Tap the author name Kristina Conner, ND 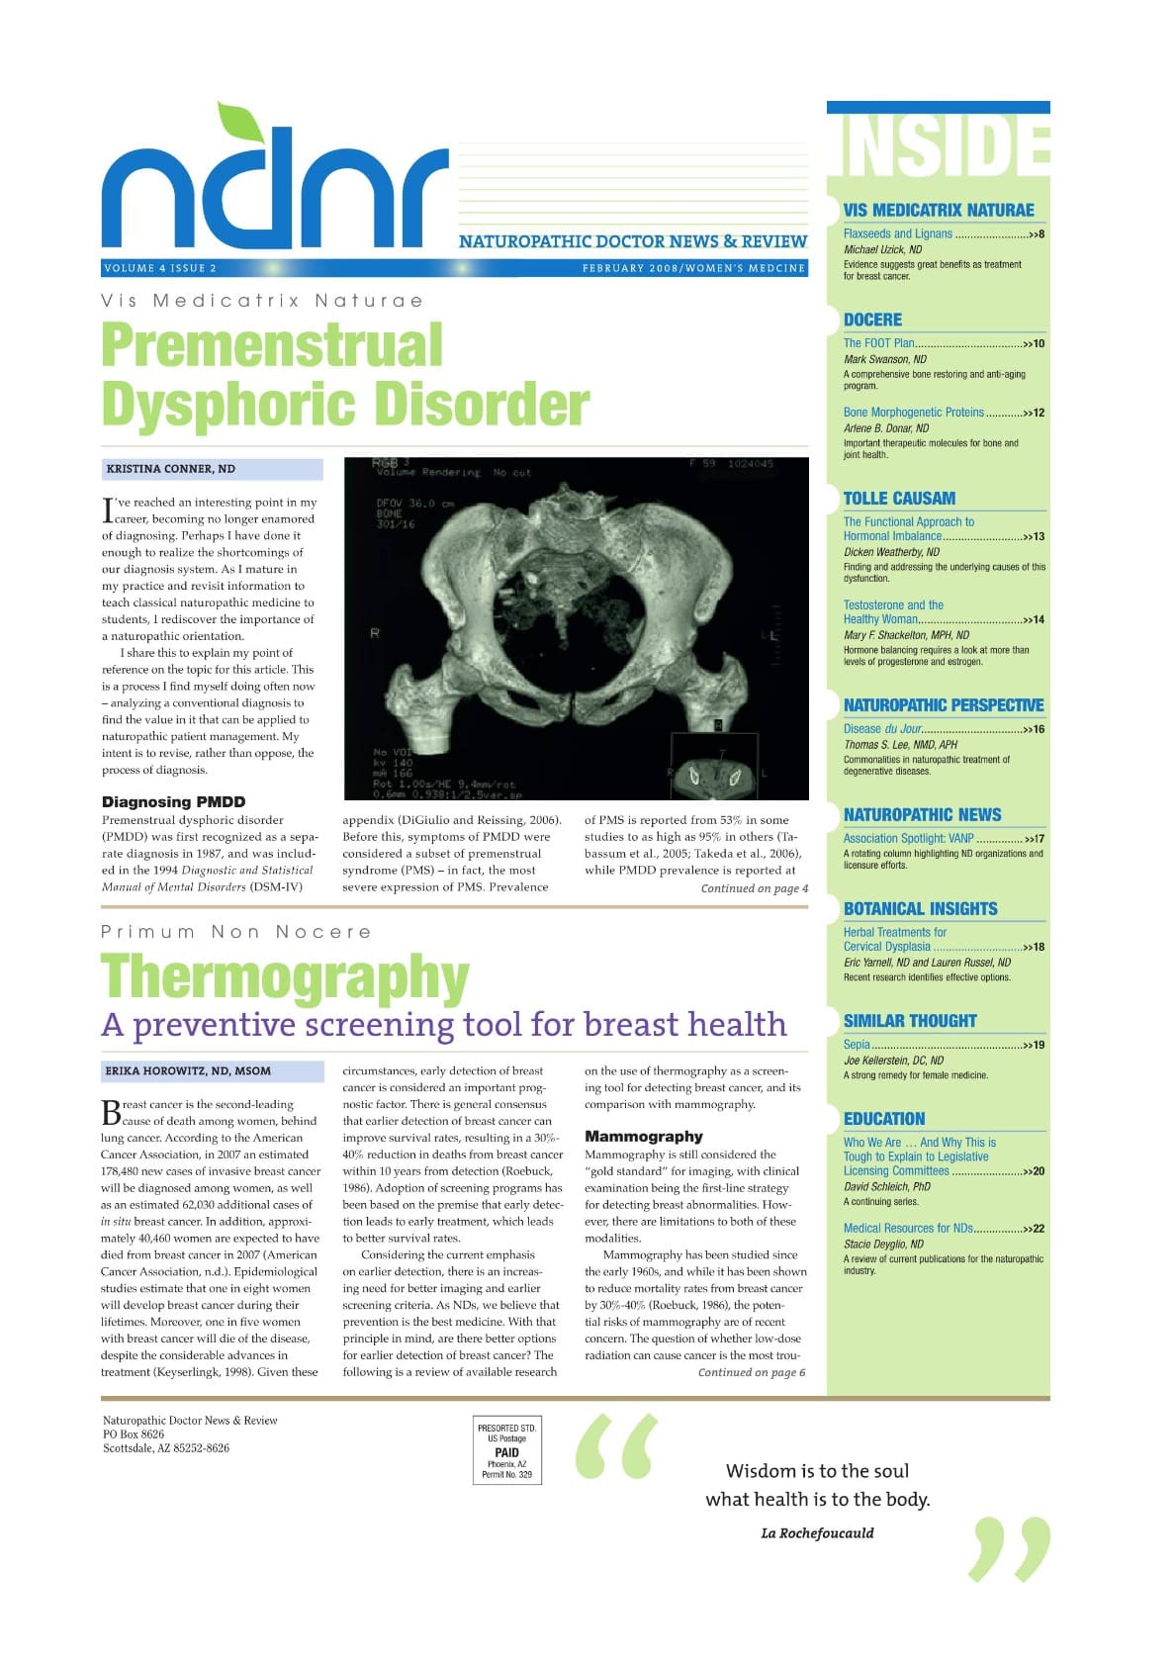pyautogui.click(x=171, y=469)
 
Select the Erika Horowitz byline pyautogui.click(x=188, y=1070)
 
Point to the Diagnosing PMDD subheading pyautogui.click(x=173, y=801)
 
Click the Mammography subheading pyautogui.click(x=644, y=1137)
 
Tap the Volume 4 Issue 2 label pyautogui.click(x=160, y=268)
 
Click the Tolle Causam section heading pyautogui.click(x=899, y=499)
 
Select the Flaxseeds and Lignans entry pyautogui.click(x=898, y=234)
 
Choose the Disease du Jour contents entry pyautogui.click(x=882, y=729)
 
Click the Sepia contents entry pyautogui.click(x=857, y=1045)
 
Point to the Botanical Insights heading pyautogui.click(x=920, y=909)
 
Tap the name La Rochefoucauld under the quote pyautogui.click(x=817, y=1533)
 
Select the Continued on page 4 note pyautogui.click(x=754, y=888)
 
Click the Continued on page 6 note pyautogui.click(x=751, y=1372)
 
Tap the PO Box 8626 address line pyautogui.click(x=134, y=1434)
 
